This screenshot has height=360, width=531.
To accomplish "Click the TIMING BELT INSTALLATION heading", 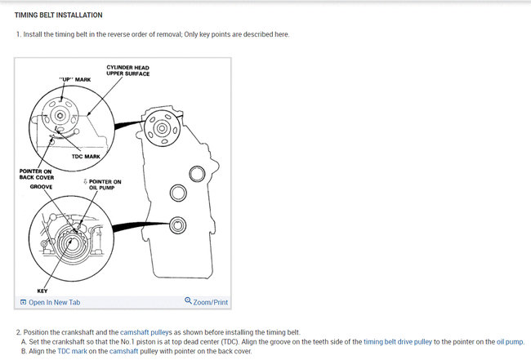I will click(x=58, y=15).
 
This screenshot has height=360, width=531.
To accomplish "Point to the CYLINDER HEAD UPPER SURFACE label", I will click(x=127, y=70).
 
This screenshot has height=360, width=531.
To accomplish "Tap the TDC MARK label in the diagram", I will click(x=96, y=155).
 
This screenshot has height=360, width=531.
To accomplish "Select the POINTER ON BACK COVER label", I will click(x=36, y=174).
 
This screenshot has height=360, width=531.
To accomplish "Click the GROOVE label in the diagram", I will click(x=42, y=187).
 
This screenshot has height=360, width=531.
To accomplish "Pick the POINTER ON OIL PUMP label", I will click(x=105, y=184).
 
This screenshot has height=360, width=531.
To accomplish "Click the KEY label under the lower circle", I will click(x=42, y=291).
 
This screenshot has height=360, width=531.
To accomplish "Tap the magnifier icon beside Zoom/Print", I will click(x=189, y=301).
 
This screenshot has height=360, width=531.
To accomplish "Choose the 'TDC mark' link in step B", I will click(x=69, y=351).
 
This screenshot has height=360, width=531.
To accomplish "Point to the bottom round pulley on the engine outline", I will click(x=174, y=224).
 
